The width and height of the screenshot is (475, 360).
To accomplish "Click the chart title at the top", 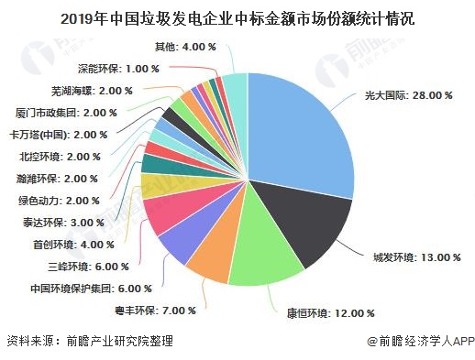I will point(237,16).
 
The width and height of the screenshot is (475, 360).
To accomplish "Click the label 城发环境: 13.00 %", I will point(415,257).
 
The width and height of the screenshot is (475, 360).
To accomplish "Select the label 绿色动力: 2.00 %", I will point(58,200).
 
